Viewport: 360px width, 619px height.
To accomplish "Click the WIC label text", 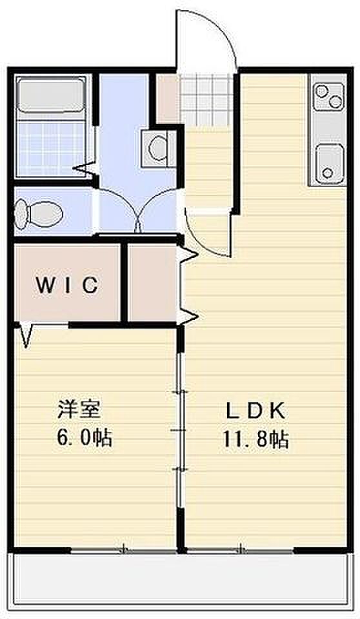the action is (67, 285).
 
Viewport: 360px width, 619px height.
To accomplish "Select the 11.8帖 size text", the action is (255, 438).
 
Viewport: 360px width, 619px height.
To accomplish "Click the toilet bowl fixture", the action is (38, 213).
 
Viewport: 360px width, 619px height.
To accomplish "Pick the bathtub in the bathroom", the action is (50, 94).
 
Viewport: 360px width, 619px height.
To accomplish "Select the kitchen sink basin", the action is (328, 164).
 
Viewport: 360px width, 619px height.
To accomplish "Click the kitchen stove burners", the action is (328, 97).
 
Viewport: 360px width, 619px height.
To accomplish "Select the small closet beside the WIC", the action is (152, 282).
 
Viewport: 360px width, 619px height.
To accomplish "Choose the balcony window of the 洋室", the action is (123, 549).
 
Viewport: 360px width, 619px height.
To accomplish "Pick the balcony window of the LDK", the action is (240, 549).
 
